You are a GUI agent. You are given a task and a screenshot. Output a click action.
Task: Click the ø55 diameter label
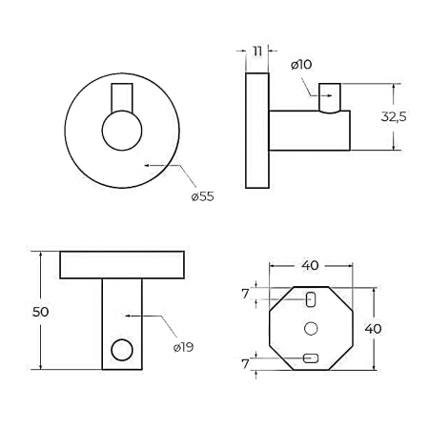(202, 196)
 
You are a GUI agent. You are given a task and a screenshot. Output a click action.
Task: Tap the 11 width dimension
(257, 51)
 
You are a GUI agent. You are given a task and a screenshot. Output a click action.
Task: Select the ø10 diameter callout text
(301, 65)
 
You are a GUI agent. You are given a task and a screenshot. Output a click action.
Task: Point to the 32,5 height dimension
(394, 116)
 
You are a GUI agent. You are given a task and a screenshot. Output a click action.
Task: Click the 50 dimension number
(41, 312)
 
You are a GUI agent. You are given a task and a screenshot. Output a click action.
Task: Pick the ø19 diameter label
(183, 347)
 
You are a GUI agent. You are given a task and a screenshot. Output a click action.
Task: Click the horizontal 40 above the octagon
(310, 265)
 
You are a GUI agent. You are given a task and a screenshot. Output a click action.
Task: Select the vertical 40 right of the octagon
(373, 329)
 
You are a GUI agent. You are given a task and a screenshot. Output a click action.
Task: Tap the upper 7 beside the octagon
(245, 294)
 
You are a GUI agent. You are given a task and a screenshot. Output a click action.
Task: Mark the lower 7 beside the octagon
(245, 364)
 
